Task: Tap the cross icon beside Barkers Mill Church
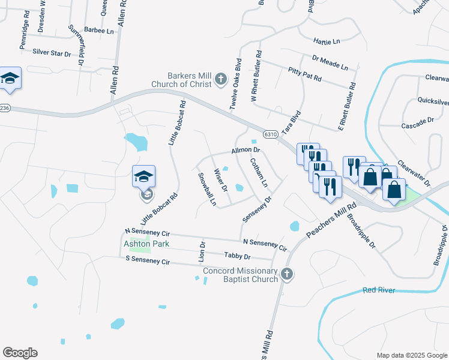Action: click(221, 79)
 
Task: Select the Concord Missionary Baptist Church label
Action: click(241, 275)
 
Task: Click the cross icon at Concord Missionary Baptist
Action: click(287, 274)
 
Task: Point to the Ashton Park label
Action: click(146, 244)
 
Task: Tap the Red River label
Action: click(379, 290)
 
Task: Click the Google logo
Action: click(20, 353)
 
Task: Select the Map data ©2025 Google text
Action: click(411, 355)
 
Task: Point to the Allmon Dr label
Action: click(245, 150)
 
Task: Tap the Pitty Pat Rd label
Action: click(304, 74)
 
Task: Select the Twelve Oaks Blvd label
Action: click(235, 83)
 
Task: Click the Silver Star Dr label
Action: click(52, 53)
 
